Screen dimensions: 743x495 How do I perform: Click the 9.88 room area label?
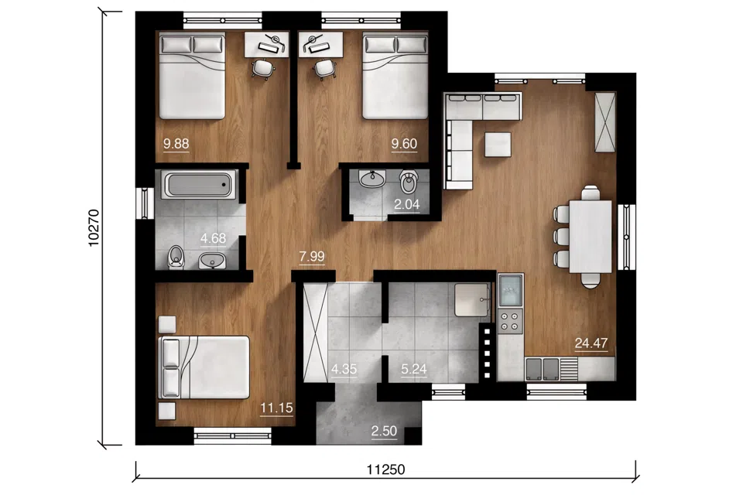coord(176,144)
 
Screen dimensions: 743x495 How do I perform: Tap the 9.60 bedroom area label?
coord(404,144)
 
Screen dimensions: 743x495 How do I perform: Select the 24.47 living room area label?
coord(591,343)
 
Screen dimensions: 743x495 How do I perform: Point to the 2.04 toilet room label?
coord(407,205)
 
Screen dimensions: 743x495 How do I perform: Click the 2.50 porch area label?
coord(384,431)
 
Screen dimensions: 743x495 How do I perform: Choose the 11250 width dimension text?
coord(385,469)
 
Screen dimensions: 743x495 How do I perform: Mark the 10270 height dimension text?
coord(94,228)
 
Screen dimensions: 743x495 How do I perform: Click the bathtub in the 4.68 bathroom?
coord(199,185)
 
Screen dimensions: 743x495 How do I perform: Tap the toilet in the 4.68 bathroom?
coord(176,258)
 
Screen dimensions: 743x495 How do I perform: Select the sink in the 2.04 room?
coord(372,179)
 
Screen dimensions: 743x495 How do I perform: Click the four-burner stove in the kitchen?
coord(510,320)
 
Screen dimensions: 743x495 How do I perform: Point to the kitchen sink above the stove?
coord(511,290)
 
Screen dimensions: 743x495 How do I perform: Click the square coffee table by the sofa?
coord(498,145)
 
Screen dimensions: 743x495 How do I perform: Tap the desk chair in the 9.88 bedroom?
coord(263,68)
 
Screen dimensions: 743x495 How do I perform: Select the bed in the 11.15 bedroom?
coord(204,367)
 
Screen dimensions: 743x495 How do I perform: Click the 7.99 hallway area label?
coord(312,257)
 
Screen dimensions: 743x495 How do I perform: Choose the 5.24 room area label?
coord(413,369)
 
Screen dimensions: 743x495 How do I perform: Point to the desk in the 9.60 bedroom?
coord(320,45)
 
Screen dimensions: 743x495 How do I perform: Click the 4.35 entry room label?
coord(344,369)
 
